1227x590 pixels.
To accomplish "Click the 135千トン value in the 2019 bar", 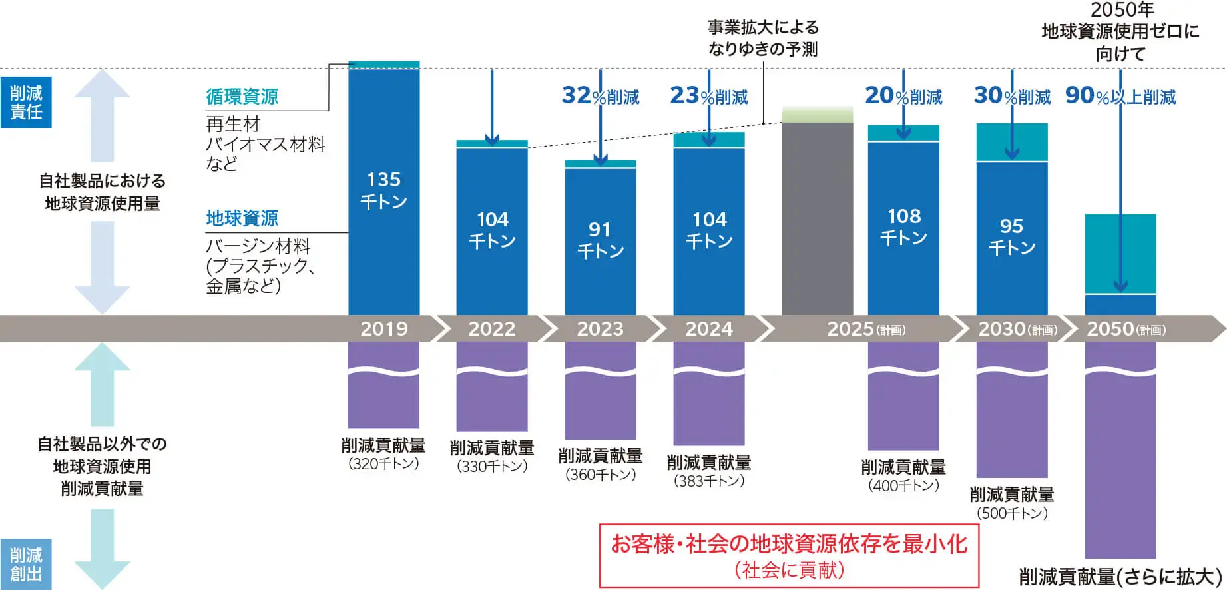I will tap(383, 190).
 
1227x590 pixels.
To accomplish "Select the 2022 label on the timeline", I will tap(492, 329).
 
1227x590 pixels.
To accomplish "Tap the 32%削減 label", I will tap(600, 96).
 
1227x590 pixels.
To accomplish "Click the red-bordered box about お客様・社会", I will tap(789, 555).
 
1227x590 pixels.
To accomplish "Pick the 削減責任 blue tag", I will tap(26, 102).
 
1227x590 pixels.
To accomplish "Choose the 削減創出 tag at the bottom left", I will tap(26, 564).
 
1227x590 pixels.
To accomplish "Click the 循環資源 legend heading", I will tap(242, 97).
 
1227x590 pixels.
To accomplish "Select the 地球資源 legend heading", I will tap(242, 218).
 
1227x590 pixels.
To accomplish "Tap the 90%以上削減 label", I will tap(1120, 97).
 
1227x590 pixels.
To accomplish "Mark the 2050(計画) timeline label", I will tap(1126, 329).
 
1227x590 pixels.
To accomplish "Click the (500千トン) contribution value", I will tap(1012, 513).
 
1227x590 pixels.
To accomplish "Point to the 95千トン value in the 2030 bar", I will tap(1012, 236).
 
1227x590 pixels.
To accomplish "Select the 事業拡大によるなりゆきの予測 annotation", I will tap(763, 38).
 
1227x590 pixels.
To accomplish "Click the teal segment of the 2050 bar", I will tap(1120, 253).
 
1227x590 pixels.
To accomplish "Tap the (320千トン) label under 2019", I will tap(383, 464).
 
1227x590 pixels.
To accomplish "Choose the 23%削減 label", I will tap(709, 96).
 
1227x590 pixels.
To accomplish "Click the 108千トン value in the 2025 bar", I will tap(903, 226).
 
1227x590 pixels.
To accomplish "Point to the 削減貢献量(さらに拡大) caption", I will tap(1120, 577).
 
